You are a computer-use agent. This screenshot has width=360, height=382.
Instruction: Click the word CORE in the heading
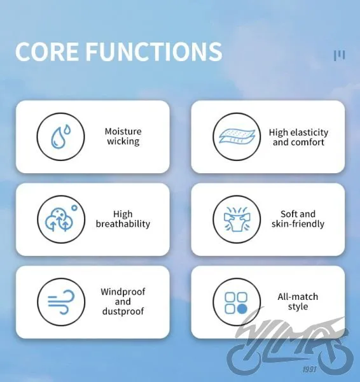(46, 51)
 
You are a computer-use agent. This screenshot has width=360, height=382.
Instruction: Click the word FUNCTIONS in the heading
(154, 51)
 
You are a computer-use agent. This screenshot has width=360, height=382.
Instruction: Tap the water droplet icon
(60, 136)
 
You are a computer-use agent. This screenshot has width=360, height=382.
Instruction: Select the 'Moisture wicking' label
(123, 136)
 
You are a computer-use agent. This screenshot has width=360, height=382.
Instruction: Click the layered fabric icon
(237, 136)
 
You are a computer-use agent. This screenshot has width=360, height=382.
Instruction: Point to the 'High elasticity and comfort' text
(298, 137)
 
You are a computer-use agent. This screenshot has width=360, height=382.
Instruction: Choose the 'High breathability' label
(123, 219)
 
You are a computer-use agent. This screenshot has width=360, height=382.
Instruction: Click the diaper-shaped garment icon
(237, 219)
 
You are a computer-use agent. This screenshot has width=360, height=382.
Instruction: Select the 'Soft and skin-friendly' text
(298, 219)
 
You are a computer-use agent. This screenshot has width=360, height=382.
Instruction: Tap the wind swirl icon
(61, 302)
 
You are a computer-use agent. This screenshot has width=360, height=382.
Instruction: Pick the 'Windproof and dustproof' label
(123, 301)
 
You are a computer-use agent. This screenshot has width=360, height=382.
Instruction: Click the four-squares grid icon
(236, 303)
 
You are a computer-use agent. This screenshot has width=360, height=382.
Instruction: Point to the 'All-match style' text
(298, 302)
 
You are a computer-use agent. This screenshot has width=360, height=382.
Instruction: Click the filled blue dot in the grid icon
(242, 309)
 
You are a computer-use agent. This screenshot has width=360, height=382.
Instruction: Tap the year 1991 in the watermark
(310, 369)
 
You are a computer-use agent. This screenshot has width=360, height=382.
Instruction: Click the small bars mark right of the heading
(339, 55)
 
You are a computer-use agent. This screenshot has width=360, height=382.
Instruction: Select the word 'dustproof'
(123, 311)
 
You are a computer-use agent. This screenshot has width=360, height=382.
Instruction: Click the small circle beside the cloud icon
(74, 208)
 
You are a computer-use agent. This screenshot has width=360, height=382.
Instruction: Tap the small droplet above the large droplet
(67, 129)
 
